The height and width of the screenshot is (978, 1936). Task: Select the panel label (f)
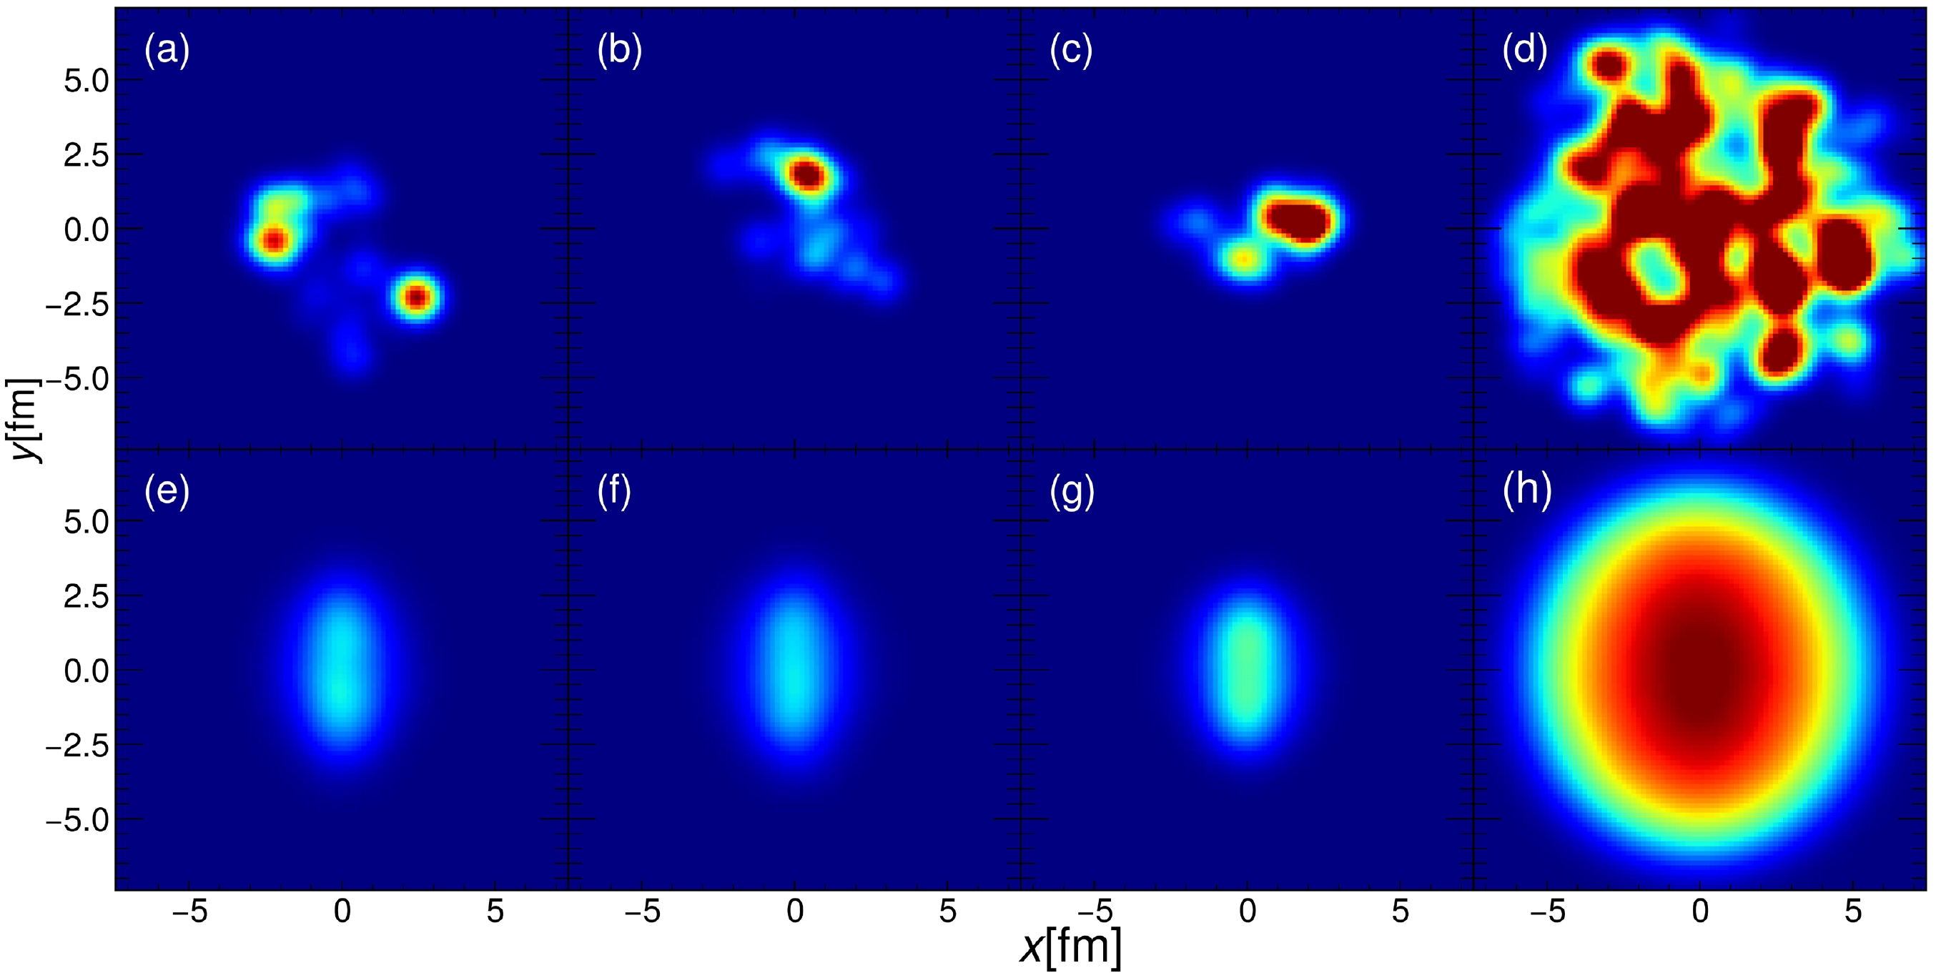click(614, 492)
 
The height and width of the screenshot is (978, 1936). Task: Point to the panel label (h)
click(1526, 492)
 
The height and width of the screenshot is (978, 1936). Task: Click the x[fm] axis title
click(1070, 947)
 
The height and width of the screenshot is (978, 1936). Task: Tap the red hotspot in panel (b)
click(808, 175)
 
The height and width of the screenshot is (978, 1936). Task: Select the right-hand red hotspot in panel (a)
click(417, 297)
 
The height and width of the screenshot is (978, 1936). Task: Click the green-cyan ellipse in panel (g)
click(1247, 669)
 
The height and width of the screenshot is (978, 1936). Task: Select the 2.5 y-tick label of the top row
click(86, 156)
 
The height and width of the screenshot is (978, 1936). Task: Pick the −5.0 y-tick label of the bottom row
click(76, 820)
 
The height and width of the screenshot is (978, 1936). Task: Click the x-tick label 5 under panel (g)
click(1399, 911)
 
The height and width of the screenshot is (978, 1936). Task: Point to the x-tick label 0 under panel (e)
click(342, 911)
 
